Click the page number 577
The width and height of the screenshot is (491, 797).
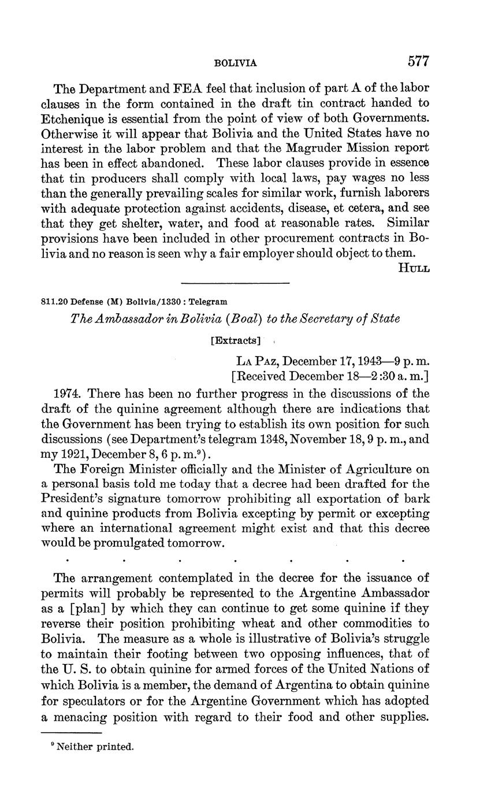(419, 61)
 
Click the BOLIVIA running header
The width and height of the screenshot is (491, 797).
(235, 63)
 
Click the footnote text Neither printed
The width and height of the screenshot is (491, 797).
(95, 747)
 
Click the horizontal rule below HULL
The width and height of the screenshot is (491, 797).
(235, 283)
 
